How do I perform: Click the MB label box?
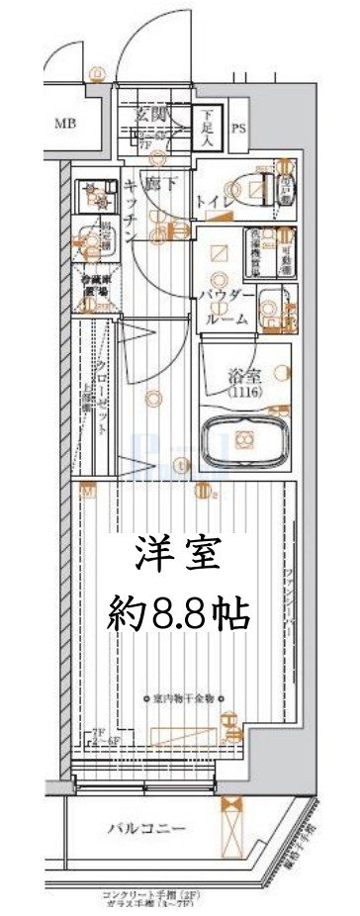tap(64, 124)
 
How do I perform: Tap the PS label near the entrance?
tap(239, 129)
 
